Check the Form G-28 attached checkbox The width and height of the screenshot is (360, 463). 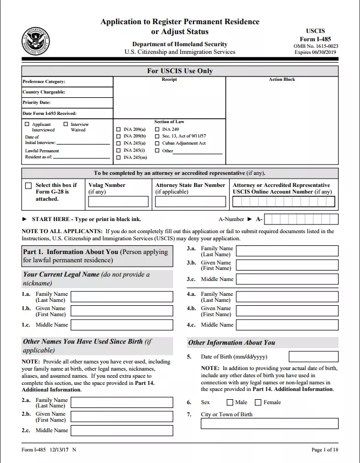(29, 186)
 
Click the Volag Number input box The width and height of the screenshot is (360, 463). (118, 202)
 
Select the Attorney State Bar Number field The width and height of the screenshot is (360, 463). (190, 202)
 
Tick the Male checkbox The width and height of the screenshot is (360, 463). (230, 403)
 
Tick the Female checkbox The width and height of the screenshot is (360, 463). (258, 403)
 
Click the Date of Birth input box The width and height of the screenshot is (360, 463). (313, 357)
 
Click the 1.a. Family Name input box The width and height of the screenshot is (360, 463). (122, 297)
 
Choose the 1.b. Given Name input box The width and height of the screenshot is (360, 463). (122, 311)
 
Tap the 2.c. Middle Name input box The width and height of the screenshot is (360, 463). (122, 431)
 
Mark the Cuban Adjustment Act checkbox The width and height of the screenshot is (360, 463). (157, 143)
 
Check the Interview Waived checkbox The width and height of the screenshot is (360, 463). (66, 124)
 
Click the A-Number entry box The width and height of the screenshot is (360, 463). (301, 219)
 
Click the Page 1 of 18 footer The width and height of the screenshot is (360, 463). (325, 450)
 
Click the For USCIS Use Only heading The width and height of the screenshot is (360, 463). (180, 71)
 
